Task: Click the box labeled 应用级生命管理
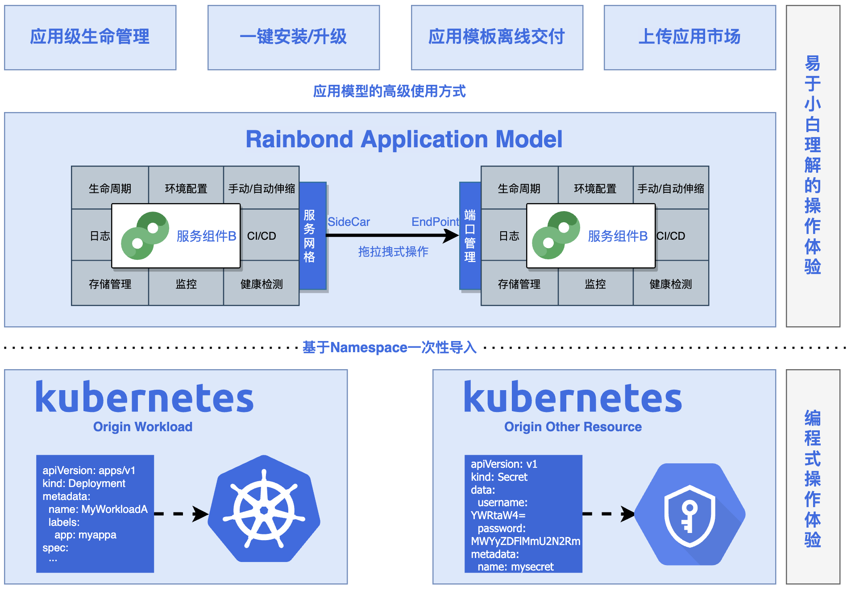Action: pyautogui.click(x=90, y=37)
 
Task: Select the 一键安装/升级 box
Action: pyautogui.click(x=294, y=37)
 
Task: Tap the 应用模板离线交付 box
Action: pyautogui.click(x=497, y=37)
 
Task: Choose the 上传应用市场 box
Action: pyautogui.click(x=689, y=37)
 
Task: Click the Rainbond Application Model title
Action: pyautogui.click(x=404, y=139)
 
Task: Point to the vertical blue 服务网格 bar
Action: pyautogui.click(x=312, y=236)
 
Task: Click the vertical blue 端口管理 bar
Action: pyautogui.click(x=470, y=236)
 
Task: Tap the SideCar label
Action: pyautogui.click(x=349, y=222)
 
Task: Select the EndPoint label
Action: pyautogui.click(x=435, y=222)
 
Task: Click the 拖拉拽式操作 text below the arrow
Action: pyautogui.click(x=393, y=252)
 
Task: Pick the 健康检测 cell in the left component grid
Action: pyautogui.click(x=262, y=284)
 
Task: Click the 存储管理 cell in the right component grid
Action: pyautogui.click(x=519, y=284)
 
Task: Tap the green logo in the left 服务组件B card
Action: pyautogui.click(x=145, y=236)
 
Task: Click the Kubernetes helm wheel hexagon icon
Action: pyautogui.click(x=264, y=509)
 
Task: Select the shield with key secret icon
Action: pyautogui.click(x=690, y=515)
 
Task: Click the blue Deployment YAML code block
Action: pyautogui.click(x=95, y=513)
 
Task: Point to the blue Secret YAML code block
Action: pyautogui.click(x=523, y=513)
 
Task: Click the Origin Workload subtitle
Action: pyautogui.click(x=143, y=427)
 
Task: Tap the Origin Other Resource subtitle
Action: pyautogui.click(x=573, y=427)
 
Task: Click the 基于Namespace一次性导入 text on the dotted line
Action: pyautogui.click(x=389, y=347)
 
